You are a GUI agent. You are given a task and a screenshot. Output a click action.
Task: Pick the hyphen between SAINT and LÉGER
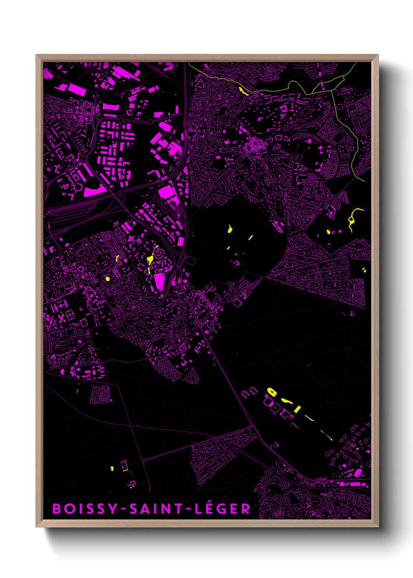(x=189, y=509)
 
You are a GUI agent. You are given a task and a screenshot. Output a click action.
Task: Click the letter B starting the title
(x=57, y=509)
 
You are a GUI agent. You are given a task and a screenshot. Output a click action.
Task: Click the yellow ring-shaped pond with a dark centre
(x=271, y=392)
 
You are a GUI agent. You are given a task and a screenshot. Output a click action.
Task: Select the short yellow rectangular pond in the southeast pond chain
(x=297, y=409)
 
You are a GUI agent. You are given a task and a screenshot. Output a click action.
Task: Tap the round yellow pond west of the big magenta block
(x=107, y=279)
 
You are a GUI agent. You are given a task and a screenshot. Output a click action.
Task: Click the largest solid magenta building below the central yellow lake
(x=159, y=282)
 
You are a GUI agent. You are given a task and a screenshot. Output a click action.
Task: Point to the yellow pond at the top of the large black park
(x=230, y=229)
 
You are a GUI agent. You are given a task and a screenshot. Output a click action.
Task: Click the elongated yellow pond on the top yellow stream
(x=243, y=91)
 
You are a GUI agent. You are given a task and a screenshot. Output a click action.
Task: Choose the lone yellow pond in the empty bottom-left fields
(x=112, y=468)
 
